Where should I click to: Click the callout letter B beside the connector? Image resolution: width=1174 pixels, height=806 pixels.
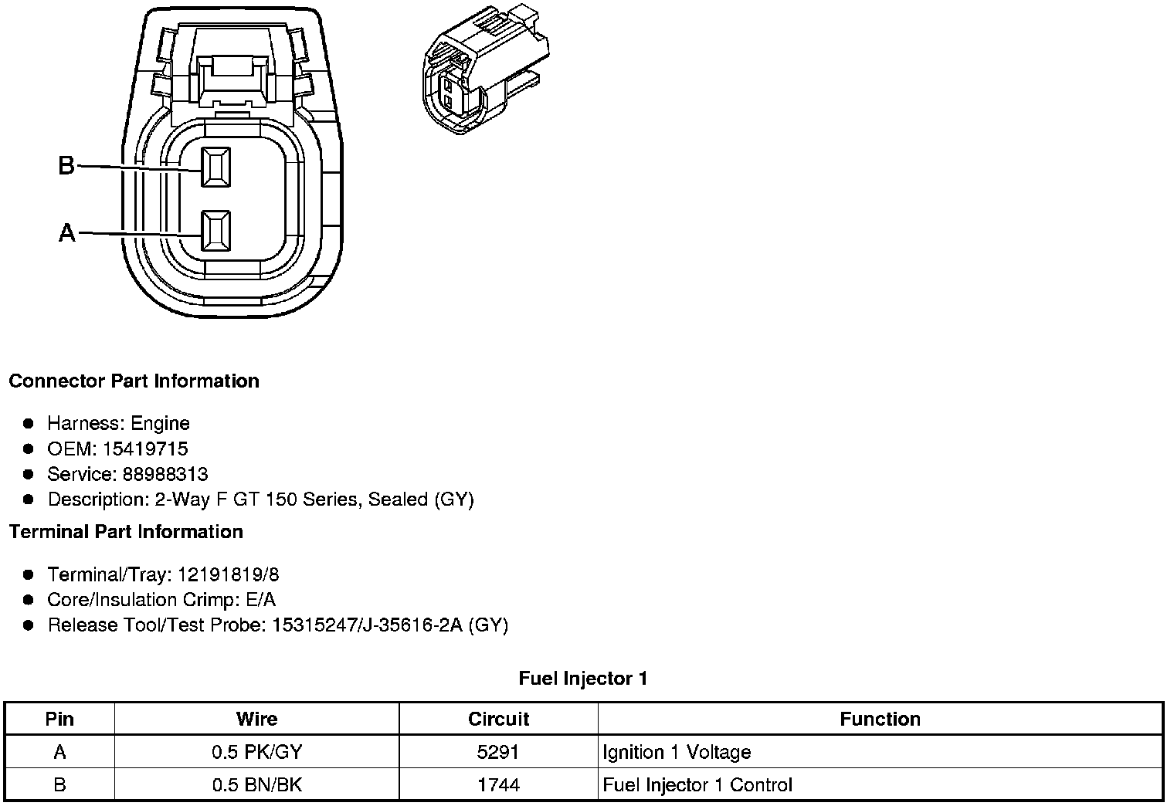(x=66, y=165)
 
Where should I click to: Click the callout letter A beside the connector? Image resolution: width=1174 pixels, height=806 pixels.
(x=67, y=232)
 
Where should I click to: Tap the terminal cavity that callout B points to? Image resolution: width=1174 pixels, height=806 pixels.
(x=215, y=167)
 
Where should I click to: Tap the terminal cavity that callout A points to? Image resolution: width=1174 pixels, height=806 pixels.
(x=215, y=231)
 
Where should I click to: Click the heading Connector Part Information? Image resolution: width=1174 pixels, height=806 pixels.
(x=134, y=381)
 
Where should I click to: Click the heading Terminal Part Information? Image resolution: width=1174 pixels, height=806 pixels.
(x=126, y=532)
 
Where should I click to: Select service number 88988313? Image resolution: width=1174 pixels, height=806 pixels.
(x=165, y=474)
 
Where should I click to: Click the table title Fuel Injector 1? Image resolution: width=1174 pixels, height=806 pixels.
(x=583, y=679)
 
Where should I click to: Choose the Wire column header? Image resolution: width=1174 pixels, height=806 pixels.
(x=256, y=720)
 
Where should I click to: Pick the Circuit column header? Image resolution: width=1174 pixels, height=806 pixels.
(x=498, y=720)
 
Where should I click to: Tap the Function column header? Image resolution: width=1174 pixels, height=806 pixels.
(x=880, y=720)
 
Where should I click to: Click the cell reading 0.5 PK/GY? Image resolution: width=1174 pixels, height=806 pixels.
(x=256, y=753)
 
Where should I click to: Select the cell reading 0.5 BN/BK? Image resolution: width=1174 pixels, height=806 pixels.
(x=256, y=786)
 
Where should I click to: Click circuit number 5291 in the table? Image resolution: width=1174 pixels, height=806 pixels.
(x=498, y=753)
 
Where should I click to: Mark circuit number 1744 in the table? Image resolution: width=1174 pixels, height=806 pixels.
(x=498, y=786)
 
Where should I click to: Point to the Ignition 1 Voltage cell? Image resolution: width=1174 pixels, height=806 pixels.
(x=677, y=753)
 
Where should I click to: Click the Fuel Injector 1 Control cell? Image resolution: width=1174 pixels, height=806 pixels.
(x=697, y=786)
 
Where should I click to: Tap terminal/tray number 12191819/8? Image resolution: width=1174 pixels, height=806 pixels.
(x=228, y=574)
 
